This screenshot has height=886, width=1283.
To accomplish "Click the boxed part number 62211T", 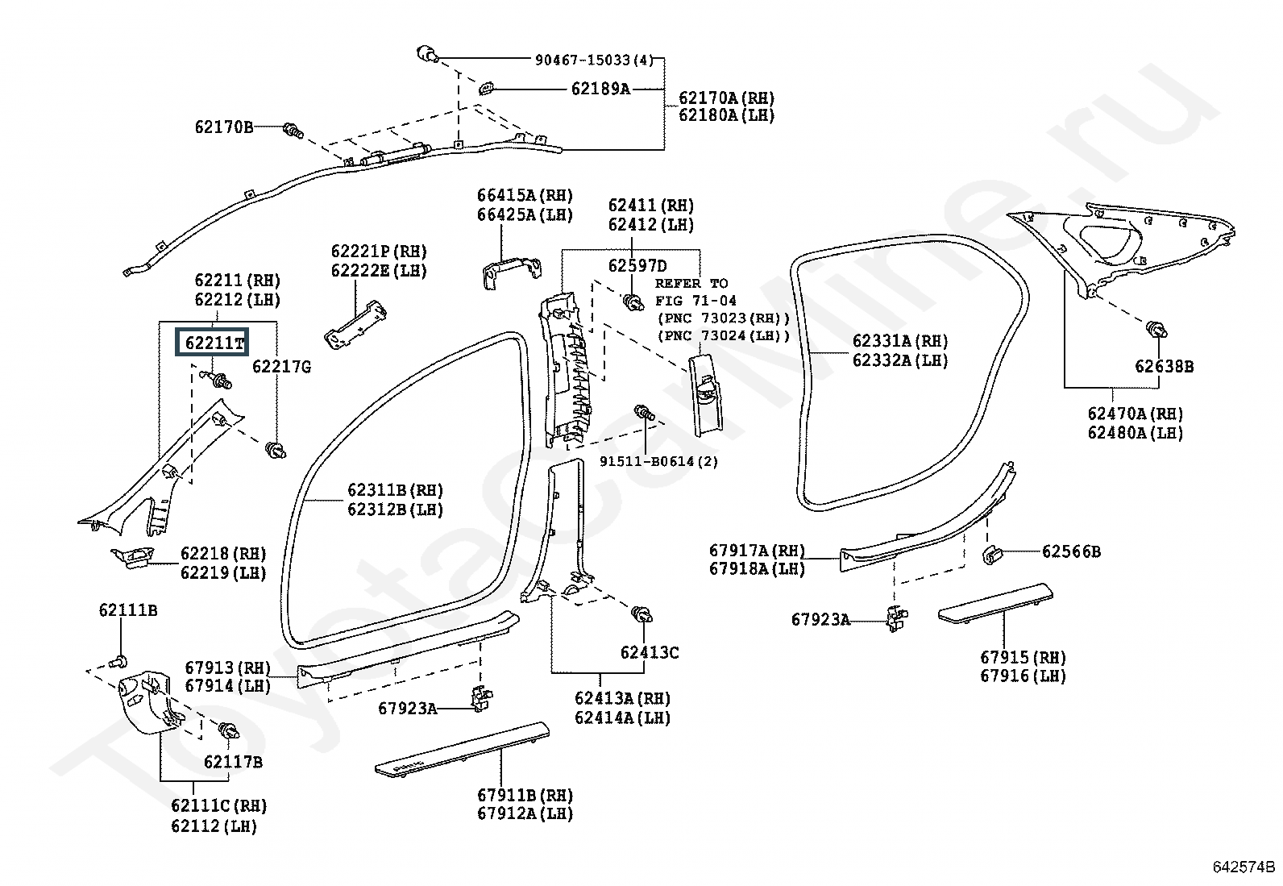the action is click(212, 342).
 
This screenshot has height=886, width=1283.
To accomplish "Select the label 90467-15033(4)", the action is click(594, 60).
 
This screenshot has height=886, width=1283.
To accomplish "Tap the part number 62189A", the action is click(600, 89).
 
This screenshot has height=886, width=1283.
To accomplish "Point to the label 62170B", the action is click(223, 127).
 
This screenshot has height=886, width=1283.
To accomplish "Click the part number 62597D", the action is click(637, 265).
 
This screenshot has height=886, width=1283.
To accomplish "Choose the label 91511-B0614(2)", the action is click(658, 461).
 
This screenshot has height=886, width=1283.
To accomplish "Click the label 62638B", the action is click(1165, 366).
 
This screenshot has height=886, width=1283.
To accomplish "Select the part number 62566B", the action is click(1071, 551).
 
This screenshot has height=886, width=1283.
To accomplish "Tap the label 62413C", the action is click(650, 652).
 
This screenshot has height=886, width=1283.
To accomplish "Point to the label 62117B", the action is click(233, 762).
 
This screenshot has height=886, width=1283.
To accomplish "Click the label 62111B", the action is click(127, 609).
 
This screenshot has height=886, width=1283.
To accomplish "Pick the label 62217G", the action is click(282, 366).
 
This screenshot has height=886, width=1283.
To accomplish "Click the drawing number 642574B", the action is click(1244, 867).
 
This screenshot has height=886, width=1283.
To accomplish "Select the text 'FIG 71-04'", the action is click(696, 301).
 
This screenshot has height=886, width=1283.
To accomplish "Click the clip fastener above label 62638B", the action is click(1156, 330).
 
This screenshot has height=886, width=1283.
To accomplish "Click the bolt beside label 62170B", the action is click(293, 130).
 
